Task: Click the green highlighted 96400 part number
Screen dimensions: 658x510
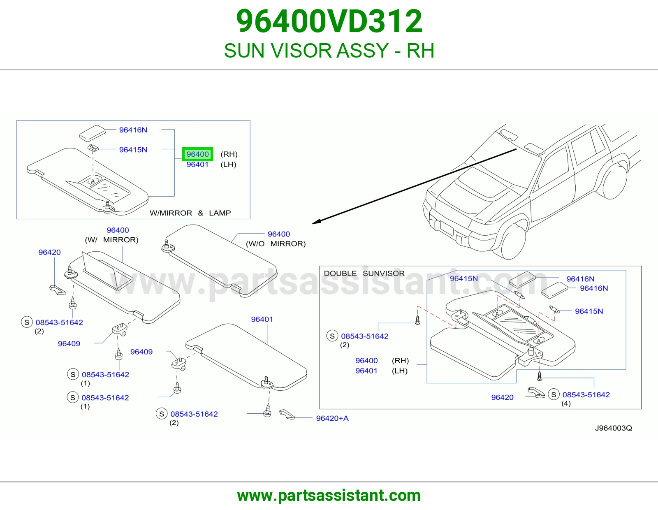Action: pos(197,154)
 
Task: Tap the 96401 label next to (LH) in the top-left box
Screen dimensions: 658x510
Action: pos(197,165)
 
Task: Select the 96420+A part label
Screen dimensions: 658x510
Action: pos(332,418)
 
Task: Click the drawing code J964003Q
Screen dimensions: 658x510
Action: pos(614,428)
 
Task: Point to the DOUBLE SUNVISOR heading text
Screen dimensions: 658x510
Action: pos(364,274)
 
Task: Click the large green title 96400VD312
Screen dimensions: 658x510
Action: pos(329,21)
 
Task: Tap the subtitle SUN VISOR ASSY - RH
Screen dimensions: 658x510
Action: pos(329,51)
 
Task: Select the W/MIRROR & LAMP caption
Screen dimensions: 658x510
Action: pos(190,213)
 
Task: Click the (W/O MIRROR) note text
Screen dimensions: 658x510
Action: pos(276,244)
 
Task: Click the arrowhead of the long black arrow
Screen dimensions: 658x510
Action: pos(316,222)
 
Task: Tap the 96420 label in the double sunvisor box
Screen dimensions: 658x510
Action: pos(503,397)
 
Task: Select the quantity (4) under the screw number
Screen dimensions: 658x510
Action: pos(566,403)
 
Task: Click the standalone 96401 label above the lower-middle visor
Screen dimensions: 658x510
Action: pos(262,319)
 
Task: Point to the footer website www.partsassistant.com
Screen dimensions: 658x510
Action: pos(329,496)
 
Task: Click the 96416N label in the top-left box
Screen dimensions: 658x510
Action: pos(133,130)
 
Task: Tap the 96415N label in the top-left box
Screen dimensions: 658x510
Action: pos(133,150)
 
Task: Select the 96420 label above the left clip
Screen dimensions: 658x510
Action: pos(49,252)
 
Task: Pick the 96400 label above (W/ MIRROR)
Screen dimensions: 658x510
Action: pos(118,230)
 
